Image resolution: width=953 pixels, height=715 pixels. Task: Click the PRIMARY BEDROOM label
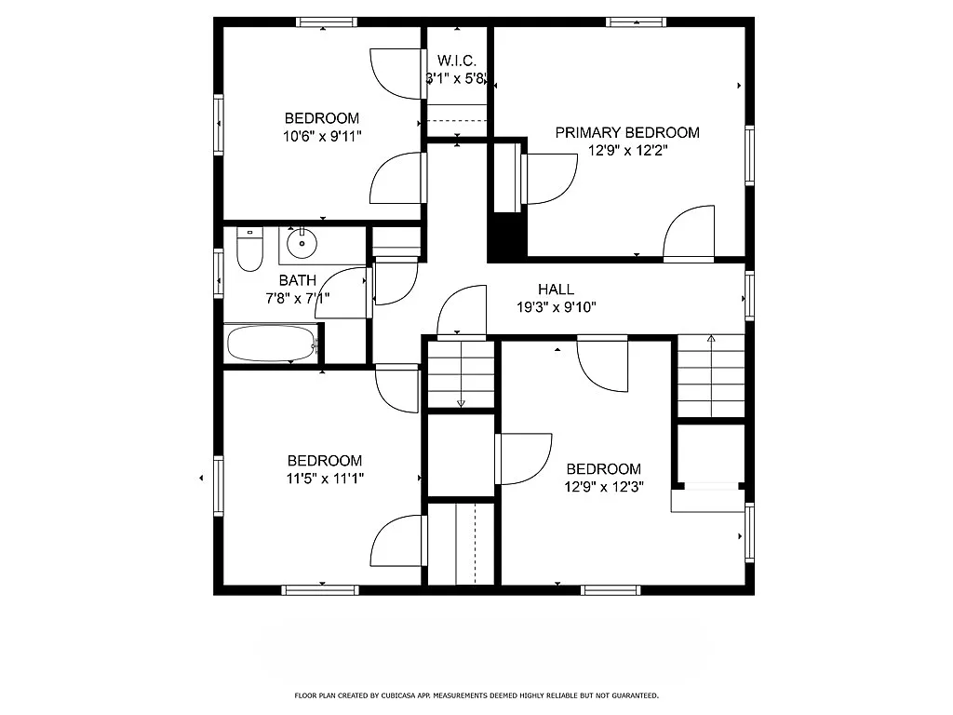[x=626, y=132]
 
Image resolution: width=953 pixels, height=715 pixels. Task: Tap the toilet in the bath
[x=249, y=250]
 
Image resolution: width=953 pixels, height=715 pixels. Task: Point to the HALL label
[x=556, y=290]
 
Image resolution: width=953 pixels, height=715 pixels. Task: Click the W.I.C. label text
[x=457, y=61]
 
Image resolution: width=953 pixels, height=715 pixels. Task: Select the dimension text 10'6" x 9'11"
[x=322, y=136]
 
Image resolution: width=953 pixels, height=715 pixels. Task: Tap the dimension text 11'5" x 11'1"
[x=324, y=478]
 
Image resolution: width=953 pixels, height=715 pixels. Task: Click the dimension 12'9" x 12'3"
[x=604, y=486]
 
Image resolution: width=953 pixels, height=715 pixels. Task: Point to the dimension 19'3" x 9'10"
[x=556, y=306]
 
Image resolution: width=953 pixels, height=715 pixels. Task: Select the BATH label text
[x=297, y=280]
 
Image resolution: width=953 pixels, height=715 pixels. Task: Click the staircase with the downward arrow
[x=460, y=374]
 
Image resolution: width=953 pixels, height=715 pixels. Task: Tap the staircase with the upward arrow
[x=711, y=376]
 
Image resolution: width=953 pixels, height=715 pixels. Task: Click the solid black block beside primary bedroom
[x=508, y=236]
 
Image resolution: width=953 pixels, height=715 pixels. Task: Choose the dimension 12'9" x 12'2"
[x=629, y=150]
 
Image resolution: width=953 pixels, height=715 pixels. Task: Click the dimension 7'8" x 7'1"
[x=299, y=298]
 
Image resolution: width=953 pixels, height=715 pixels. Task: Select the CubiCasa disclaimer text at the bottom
[x=476, y=695]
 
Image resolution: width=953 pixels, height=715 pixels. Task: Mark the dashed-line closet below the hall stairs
[x=463, y=545]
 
